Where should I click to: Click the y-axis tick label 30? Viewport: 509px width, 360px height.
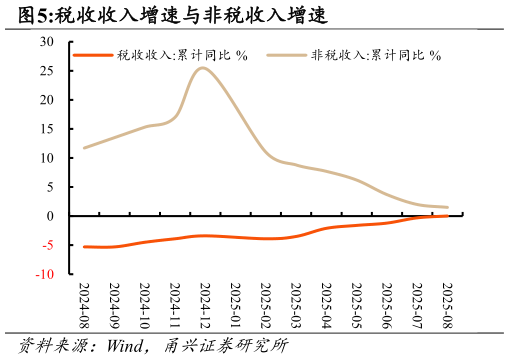click(x=46, y=42)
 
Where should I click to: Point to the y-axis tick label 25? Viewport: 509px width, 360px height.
click(x=46, y=71)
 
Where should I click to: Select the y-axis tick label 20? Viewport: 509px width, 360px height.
click(x=46, y=100)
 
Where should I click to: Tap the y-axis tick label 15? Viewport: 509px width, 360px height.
click(x=46, y=129)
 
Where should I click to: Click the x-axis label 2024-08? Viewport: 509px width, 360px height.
click(x=84, y=305)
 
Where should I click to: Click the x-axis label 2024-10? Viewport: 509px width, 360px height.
click(x=144, y=305)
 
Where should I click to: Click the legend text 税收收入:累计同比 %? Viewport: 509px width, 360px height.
click(x=181, y=55)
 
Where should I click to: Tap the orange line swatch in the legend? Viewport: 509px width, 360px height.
click(x=93, y=55)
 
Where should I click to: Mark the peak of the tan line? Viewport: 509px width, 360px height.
click(x=203, y=68)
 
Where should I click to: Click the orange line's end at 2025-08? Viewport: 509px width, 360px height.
click(x=447, y=215)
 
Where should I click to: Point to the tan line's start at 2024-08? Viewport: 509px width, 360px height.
click(x=84, y=148)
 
